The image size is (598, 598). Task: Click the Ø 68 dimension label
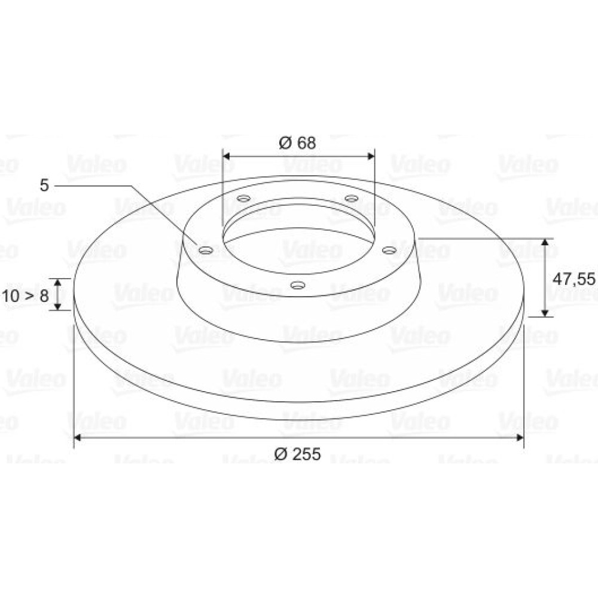click(x=297, y=143)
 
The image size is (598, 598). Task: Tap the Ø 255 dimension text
click(x=297, y=454)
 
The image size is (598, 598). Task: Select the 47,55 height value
click(x=573, y=279)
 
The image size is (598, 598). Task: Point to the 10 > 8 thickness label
click(x=26, y=295)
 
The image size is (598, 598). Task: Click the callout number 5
click(x=45, y=185)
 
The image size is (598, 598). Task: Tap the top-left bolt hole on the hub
click(x=243, y=199)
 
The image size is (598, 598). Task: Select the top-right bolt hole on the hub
click(x=351, y=199)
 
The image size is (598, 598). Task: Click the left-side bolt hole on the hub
click(x=206, y=251)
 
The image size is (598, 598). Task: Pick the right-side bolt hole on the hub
click(x=389, y=250)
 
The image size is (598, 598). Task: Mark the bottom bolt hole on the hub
click(x=297, y=285)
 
